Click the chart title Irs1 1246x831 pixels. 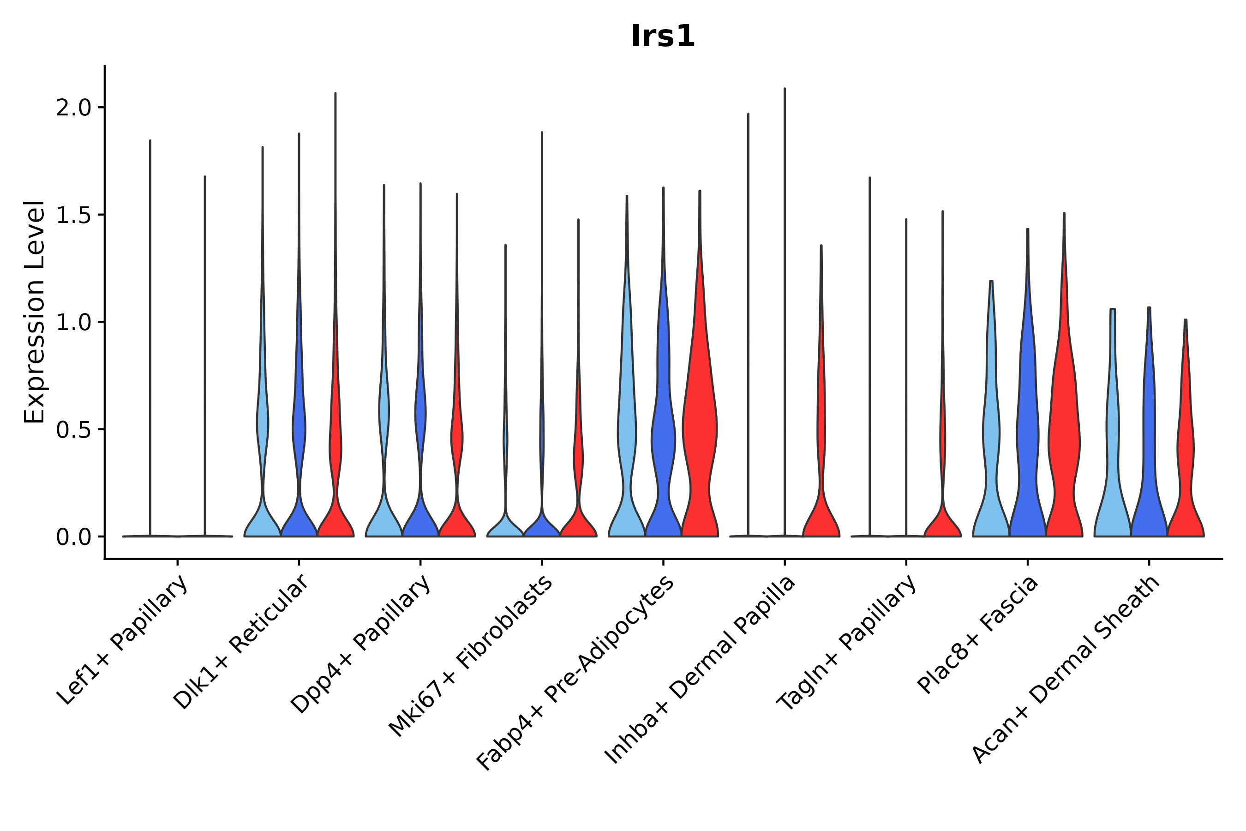(x=663, y=37)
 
